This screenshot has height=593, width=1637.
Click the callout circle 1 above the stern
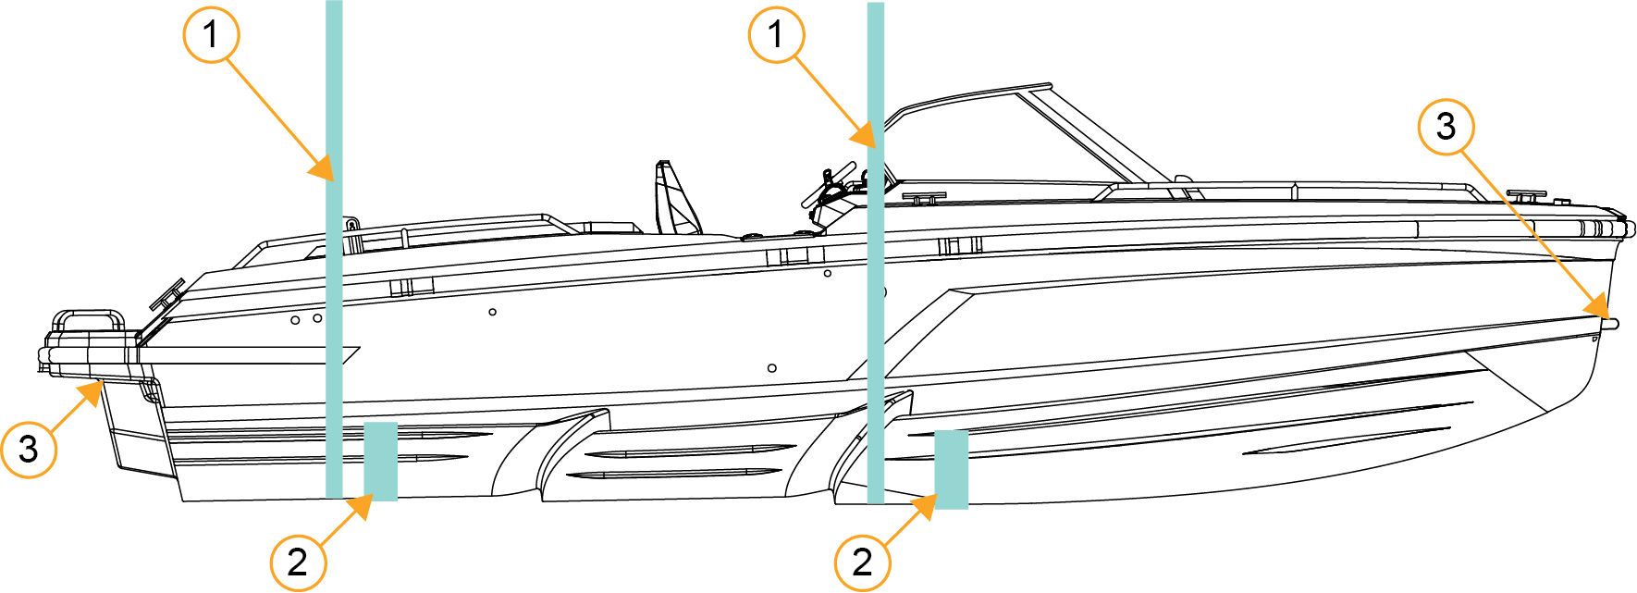click(211, 35)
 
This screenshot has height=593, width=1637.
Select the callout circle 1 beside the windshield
click(776, 35)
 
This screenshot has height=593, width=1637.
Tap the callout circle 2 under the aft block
click(298, 562)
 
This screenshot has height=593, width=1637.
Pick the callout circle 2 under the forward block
click(863, 562)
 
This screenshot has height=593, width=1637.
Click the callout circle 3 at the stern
click(29, 449)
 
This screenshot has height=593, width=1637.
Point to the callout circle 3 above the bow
click(1446, 127)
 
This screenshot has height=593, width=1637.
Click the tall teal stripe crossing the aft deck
click(334, 249)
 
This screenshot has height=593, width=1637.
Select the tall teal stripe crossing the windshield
click(876, 253)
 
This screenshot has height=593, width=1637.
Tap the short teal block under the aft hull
click(381, 462)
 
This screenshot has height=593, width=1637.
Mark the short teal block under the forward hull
click(952, 470)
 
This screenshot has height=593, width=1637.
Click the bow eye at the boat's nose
click(1611, 324)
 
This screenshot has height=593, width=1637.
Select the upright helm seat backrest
click(675, 199)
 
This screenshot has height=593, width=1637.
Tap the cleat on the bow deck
click(1526, 196)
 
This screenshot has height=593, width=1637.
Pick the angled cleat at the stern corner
click(167, 294)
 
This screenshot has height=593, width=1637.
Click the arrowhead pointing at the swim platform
click(90, 393)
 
